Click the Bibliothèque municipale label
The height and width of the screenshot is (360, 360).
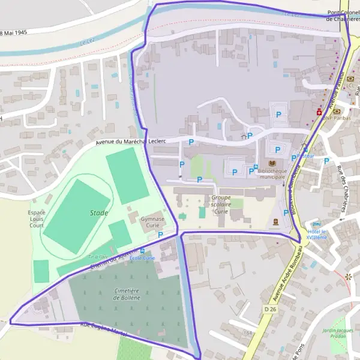click(272, 174)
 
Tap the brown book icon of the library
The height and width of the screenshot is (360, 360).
click(272, 163)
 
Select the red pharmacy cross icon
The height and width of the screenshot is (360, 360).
click(319, 112)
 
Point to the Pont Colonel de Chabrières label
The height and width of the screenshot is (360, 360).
click(343, 16)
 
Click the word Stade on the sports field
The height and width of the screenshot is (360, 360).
click(99, 212)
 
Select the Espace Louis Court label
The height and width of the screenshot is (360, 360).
click(36, 219)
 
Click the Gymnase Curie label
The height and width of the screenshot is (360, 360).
click(152, 223)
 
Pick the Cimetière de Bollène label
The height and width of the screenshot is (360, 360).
click(126, 294)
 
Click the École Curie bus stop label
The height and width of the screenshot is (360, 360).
click(143, 258)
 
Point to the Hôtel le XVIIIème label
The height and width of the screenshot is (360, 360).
click(317, 235)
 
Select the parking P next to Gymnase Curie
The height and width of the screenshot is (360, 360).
click(160, 235)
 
